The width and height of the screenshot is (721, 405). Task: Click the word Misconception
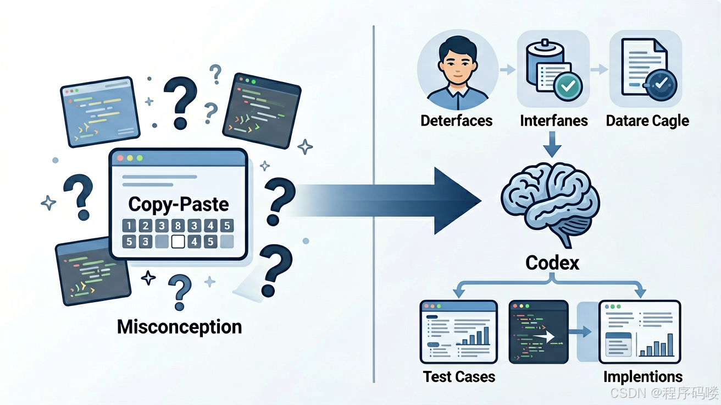(x=179, y=327)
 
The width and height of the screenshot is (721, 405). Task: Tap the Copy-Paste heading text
(x=179, y=205)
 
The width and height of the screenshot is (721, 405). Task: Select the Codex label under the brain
(x=552, y=263)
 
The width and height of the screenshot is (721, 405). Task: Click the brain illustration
(x=551, y=203)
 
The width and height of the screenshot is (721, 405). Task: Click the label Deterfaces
(x=457, y=121)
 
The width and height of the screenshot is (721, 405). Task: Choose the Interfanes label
(x=553, y=121)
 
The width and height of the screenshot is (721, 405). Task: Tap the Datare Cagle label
(x=647, y=122)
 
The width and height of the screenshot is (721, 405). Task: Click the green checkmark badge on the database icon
(x=568, y=86)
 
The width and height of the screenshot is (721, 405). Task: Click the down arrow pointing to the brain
(x=552, y=144)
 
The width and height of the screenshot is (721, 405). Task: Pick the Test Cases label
(x=459, y=376)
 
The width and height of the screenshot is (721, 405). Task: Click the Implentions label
(x=643, y=377)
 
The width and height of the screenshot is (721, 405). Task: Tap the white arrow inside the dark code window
(x=543, y=337)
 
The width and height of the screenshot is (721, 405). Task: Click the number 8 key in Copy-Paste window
(x=178, y=226)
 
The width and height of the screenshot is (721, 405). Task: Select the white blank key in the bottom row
(x=178, y=242)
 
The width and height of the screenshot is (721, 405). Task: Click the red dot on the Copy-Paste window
(x=120, y=158)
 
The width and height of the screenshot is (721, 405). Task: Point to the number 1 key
(x=129, y=226)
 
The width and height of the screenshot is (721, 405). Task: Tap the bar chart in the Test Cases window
(x=473, y=336)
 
